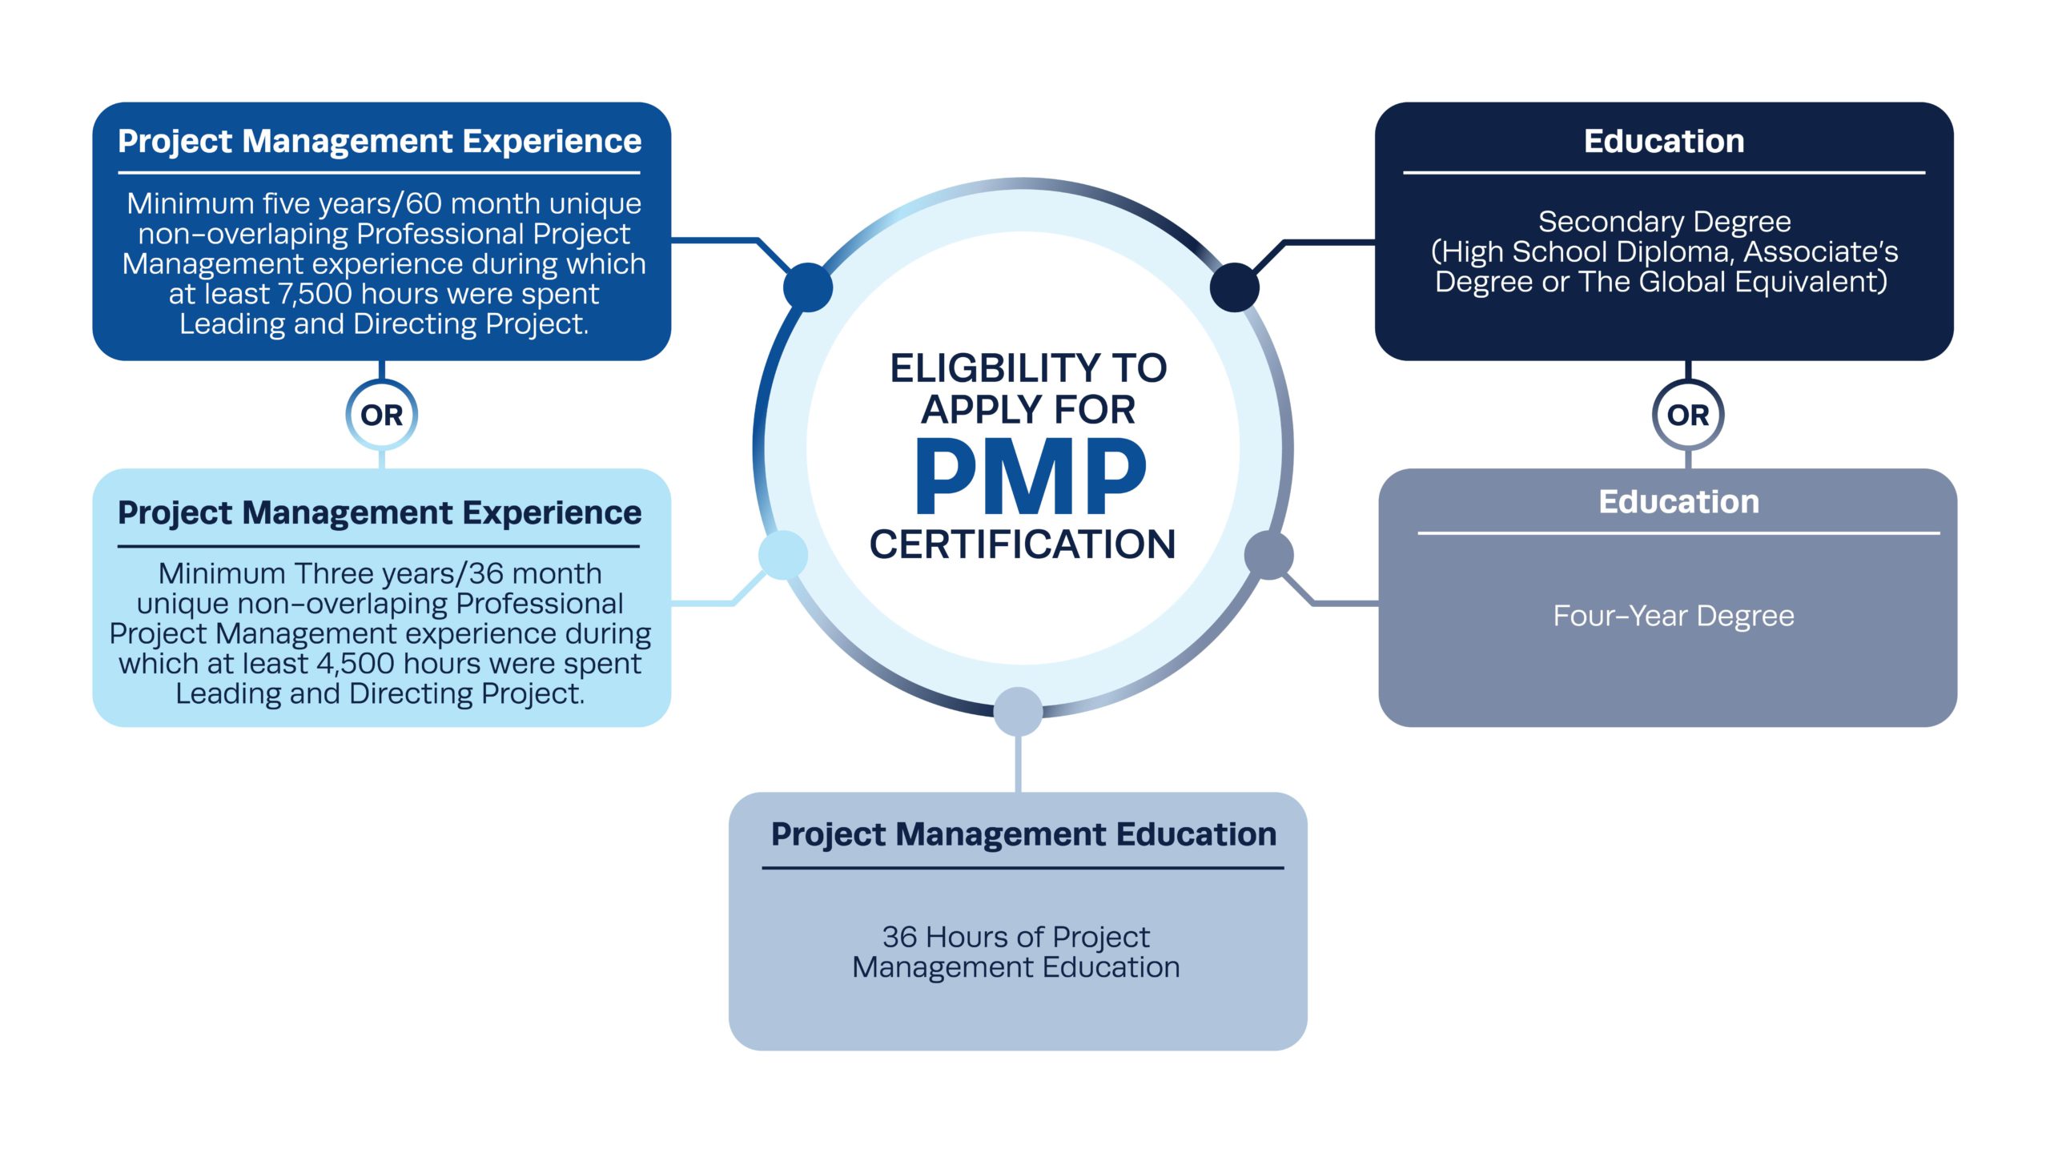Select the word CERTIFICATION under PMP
1023,544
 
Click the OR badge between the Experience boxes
381,415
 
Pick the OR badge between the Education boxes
1688,415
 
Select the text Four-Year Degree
1674,616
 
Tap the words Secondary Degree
1664,221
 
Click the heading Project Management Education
1023,834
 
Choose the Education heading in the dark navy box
1664,141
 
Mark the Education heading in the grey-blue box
1678,502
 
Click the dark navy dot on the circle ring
1234,287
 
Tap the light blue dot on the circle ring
782,555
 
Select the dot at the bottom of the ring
1018,711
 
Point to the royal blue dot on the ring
808,287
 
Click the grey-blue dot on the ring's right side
1268,555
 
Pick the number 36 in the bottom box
899,937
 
